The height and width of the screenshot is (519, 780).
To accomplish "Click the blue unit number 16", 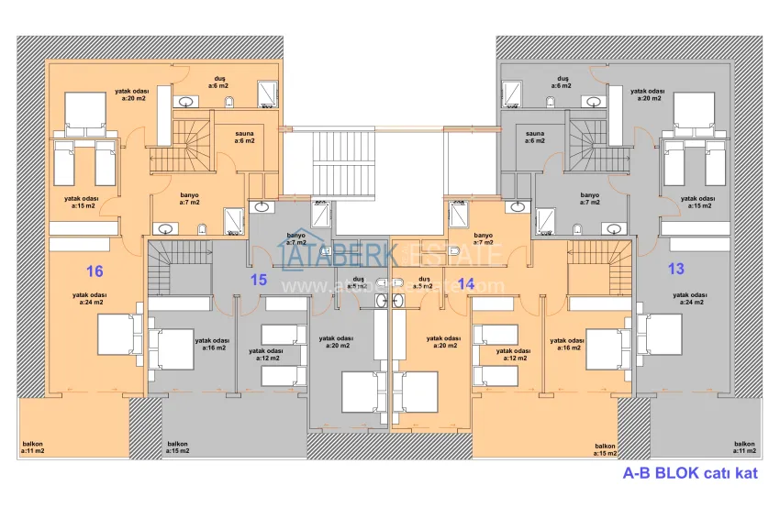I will pyautogui.click(x=94, y=271).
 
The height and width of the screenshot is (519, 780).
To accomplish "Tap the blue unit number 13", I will pyautogui.click(x=676, y=269).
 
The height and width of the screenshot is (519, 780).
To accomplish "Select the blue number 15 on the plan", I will pyautogui.click(x=259, y=279).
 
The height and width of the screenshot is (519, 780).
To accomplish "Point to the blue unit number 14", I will pyautogui.click(x=466, y=284).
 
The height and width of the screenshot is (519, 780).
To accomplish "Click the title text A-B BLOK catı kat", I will pyautogui.click(x=690, y=474).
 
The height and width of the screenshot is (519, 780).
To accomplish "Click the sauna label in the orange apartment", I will pyautogui.click(x=244, y=137).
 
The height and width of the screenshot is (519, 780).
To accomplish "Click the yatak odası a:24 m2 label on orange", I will pyautogui.click(x=92, y=298).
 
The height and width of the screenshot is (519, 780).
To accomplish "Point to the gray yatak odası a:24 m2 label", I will pyautogui.click(x=687, y=298).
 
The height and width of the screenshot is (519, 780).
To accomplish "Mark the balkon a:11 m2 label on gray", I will pyautogui.click(x=745, y=447).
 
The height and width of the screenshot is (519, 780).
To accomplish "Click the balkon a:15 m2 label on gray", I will pyautogui.click(x=178, y=447).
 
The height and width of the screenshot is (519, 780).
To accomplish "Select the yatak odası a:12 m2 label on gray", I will pyautogui.click(x=266, y=354).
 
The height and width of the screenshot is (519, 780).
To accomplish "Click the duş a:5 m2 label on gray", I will pyautogui.click(x=359, y=282).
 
